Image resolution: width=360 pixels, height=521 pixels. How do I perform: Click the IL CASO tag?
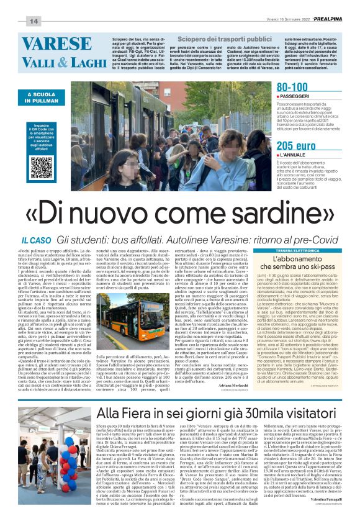(36, 240)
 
